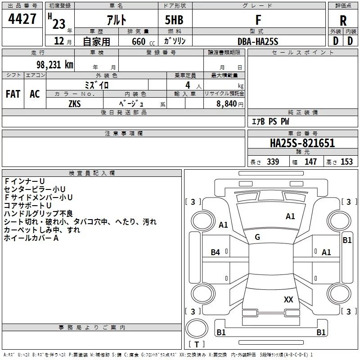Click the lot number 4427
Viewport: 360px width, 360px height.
(22, 19)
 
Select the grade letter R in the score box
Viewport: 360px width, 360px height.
(343, 21)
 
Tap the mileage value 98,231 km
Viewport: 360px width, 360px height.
(55, 65)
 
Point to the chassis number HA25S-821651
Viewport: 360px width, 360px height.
(302, 143)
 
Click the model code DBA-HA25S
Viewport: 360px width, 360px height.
(258, 41)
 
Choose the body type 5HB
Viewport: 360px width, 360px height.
(174, 20)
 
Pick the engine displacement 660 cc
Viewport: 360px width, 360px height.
(143, 42)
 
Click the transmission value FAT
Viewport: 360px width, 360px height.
(13, 94)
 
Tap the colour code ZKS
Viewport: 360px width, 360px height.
(75, 104)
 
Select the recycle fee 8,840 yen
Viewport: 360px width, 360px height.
(230, 104)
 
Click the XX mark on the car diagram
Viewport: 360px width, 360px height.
(288, 300)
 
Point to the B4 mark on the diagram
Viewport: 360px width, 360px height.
(216, 252)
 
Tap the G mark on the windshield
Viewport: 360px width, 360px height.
(257, 237)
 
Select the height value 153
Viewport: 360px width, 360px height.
(346, 162)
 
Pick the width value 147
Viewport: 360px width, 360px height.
(310, 162)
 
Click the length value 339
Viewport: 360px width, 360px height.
(273, 162)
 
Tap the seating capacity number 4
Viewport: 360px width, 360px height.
(188, 85)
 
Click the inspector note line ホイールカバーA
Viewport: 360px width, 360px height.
(31, 238)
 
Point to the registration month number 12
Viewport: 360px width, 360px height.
(59, 41)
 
